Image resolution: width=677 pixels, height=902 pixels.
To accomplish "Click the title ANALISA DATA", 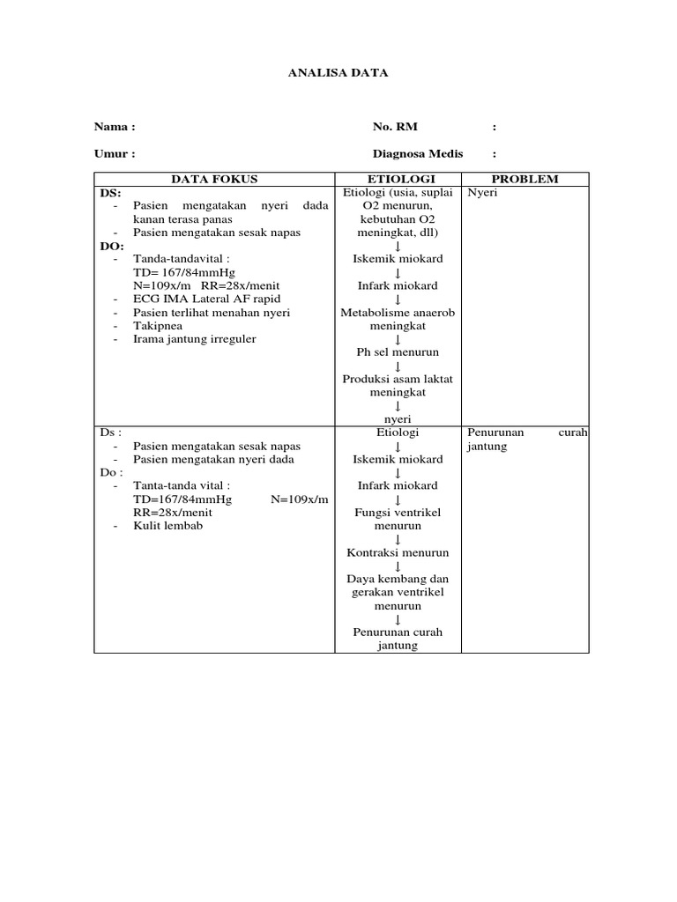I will (338, 73).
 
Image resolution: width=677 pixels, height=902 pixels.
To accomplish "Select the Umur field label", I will (115, 153).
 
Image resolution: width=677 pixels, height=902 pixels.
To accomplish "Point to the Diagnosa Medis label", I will (418, 153).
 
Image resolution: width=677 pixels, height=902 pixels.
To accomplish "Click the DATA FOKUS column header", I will (214, 179).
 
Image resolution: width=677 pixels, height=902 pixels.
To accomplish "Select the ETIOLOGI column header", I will (398, 179).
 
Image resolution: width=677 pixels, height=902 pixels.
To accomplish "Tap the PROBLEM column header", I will (524, 179).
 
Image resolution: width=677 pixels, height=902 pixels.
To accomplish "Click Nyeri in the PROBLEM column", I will (482, 192).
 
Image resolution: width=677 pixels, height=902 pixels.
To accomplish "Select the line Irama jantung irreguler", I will (194, 338).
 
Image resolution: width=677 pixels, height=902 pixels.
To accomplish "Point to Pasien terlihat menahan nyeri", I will (212, 312).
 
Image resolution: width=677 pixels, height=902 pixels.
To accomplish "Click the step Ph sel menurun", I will (398, 352).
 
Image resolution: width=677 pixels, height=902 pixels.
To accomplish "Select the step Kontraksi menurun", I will (398, 552).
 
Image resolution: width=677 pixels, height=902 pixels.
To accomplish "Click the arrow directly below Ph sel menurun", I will (398, 366).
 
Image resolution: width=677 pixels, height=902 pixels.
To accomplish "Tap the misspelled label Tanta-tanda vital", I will (182, 485).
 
